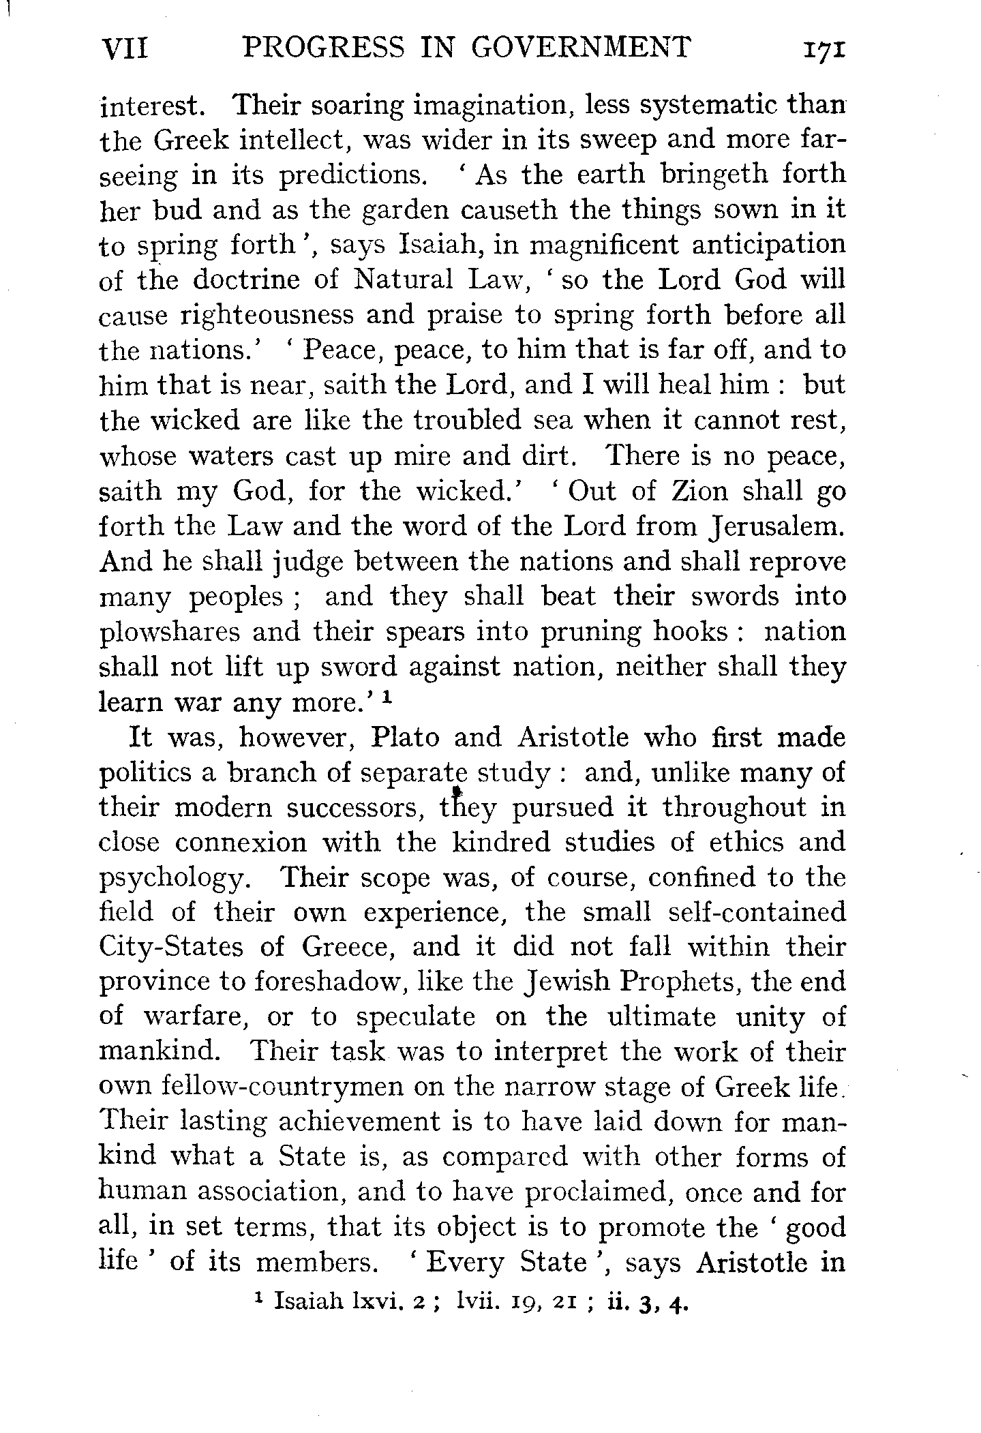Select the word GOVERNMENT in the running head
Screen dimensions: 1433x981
point(581,49)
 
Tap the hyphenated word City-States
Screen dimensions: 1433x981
point(180,948)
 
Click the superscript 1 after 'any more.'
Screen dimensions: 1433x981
point(387,697)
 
